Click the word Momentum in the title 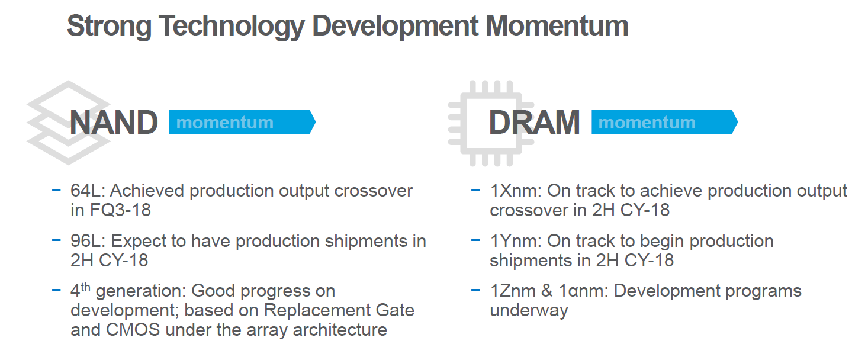pos(557,27)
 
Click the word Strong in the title pos(109,27)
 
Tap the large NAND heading pos(114,123)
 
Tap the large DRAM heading pos(535,123)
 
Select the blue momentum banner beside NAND pos(242,122)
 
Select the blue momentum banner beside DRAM pos(664,122)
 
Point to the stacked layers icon pos(68,123)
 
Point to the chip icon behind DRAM pos(491,123)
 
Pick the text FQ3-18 pos(120,210)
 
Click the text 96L pos(88,241)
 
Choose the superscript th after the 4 pos(86,287)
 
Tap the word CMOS pos(133,330)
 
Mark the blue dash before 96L pos(56,240)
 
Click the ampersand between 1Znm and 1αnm pos(546,291)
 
